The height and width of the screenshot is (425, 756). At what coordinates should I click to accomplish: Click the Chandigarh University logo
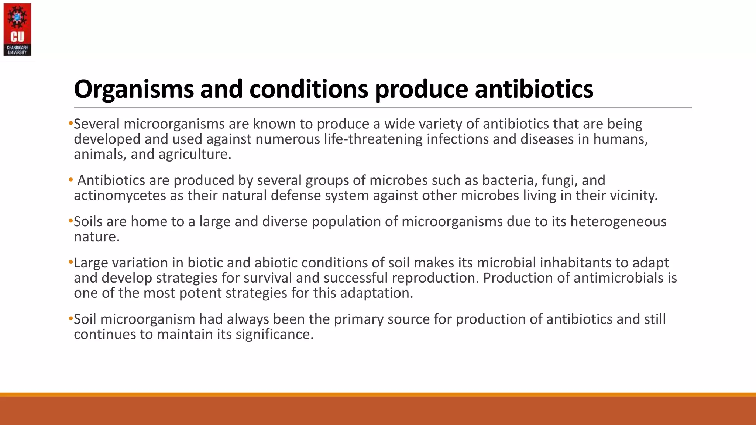17,30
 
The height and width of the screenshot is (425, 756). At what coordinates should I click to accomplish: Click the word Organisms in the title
134,89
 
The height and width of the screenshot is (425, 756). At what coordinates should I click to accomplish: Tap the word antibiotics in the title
534,89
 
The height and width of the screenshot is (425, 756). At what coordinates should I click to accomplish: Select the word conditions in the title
309,89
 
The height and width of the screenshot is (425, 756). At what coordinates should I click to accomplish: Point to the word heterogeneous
618,222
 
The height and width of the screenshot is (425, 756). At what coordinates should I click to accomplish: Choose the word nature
97,237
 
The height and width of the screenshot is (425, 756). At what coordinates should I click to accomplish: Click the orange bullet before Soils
71,221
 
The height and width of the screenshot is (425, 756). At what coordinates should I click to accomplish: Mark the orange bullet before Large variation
71,263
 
